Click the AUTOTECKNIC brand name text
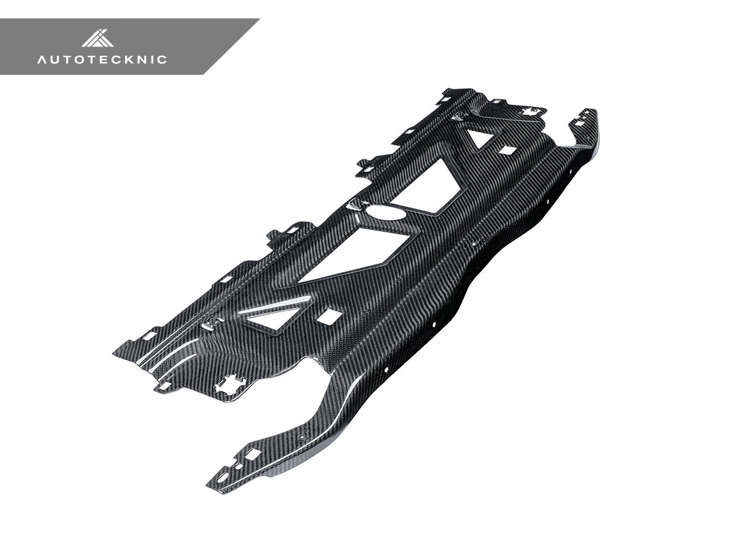coord(102,59)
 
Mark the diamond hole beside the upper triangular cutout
coord(507,150)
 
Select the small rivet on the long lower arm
coord(301,437)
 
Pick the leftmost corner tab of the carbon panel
coord(117,353)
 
